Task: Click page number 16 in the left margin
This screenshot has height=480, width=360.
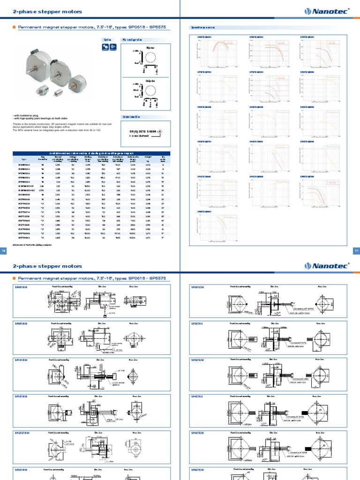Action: tap(4, 252)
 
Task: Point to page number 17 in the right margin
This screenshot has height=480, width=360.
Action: tap(355, 252)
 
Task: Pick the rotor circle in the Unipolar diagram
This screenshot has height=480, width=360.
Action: tap(150, 90)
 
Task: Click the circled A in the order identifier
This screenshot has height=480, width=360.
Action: tap(161, 132)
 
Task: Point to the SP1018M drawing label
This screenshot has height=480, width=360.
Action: tap(22, 360)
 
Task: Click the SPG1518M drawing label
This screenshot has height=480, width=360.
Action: tap(22, 433)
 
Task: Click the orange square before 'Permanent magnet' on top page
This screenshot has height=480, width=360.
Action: tap(14, 28)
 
